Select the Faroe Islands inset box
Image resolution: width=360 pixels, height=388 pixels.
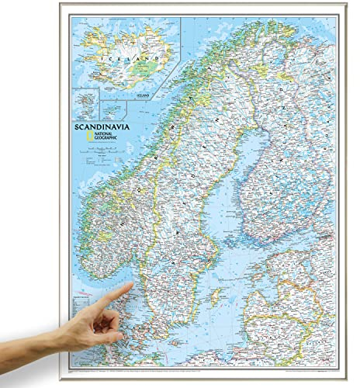[84, 101]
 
